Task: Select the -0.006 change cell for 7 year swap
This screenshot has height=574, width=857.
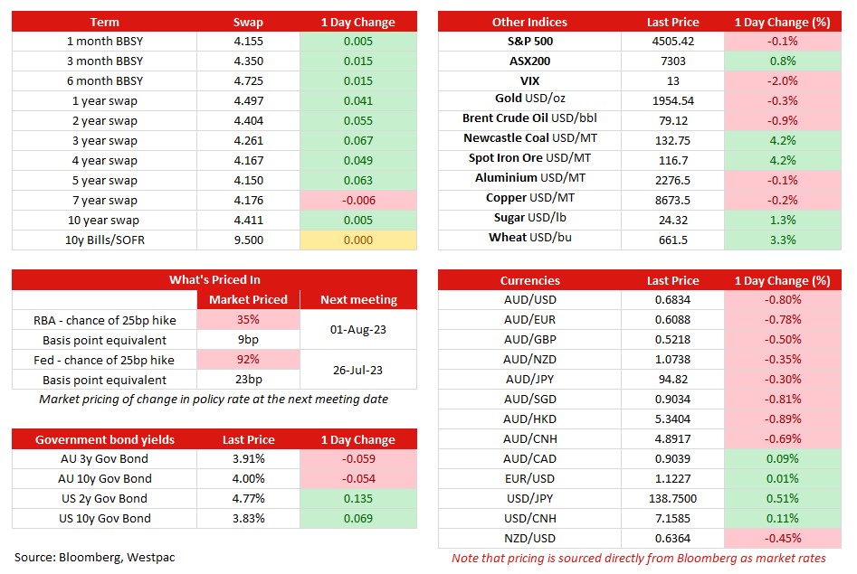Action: (x=358, y=200)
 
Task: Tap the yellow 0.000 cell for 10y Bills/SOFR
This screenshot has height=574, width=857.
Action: (x=358, y=240)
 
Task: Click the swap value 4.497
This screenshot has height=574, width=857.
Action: (x=248, y=100)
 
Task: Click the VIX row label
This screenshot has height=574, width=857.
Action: (x=529, y=80)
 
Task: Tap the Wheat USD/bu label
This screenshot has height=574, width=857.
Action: (x=529, y=240)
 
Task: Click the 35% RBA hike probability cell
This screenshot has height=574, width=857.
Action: (x=248, y=319)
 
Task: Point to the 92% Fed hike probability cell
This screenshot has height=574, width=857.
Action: (x=248, y=360)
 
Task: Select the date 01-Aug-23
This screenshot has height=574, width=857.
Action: (x=359, y=330)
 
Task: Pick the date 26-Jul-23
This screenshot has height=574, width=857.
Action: (x=359, y=370)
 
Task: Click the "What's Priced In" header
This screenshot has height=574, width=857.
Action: (x=214, y=279)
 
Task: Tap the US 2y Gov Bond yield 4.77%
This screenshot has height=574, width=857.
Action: (x=248, y=498)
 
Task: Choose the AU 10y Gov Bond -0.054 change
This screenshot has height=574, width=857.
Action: (x=358, y=478)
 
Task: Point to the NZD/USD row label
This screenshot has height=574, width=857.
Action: (x=529, y=538)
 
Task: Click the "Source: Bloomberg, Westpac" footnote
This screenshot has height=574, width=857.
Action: (x=95, y=557)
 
